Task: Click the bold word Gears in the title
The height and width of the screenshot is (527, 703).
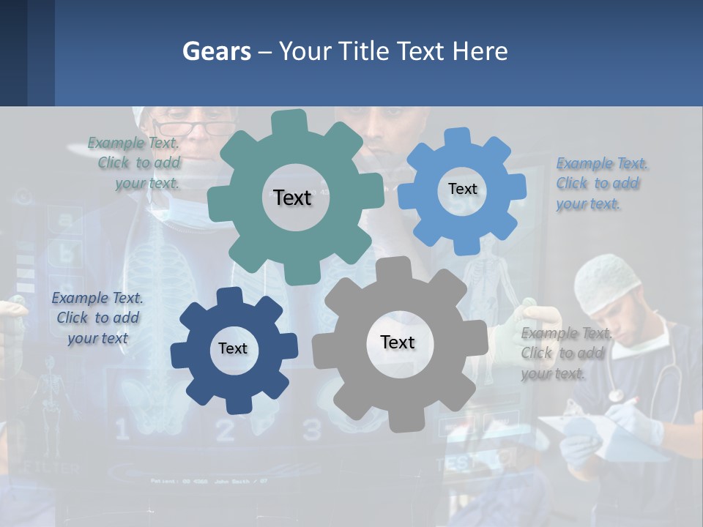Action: click(x=216, y=51)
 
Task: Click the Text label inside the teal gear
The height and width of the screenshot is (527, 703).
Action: click(x=292, y=198)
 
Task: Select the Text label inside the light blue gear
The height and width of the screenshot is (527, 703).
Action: click(x=462, y=189)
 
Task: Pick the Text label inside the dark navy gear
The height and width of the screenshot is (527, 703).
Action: click(x=233, y=348)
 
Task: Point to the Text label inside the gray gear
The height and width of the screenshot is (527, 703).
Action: click(x=398, y=342)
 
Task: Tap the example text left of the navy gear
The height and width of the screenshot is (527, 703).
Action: click(x=97, y=318)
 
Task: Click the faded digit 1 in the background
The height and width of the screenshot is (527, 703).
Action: click(x=122, y=428)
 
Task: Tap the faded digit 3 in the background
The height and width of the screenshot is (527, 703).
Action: click(x=312, y=429)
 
